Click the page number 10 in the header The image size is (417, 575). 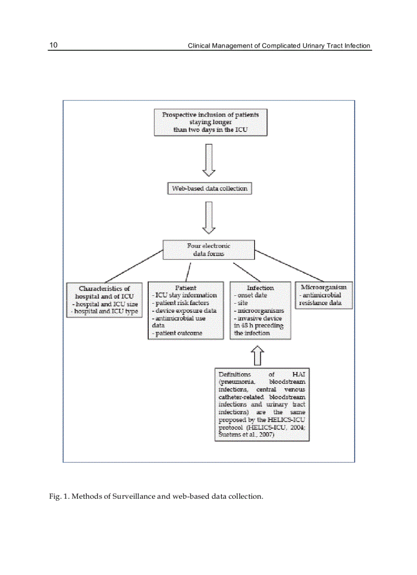(x=53, y=45)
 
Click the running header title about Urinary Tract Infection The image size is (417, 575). (x=279, y=46)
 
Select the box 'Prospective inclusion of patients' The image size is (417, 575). (x=210, y=122)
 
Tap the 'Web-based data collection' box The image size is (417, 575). (x=210, y=188)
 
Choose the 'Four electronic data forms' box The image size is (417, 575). (x=208, y=249)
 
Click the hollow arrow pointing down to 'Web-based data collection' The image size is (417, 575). (x=209, y=160)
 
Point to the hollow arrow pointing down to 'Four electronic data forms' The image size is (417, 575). (x=209, y=217)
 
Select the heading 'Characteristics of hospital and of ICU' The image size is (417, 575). (x=104, y=292)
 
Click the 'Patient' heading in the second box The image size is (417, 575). (x=186, y=288)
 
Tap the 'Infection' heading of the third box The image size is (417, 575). (x=261, y=288)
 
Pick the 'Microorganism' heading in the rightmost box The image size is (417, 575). (x=323, y=287)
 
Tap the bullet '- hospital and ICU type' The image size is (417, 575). (x=105, y=311)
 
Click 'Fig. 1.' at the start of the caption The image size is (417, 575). (x=57, y=496)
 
